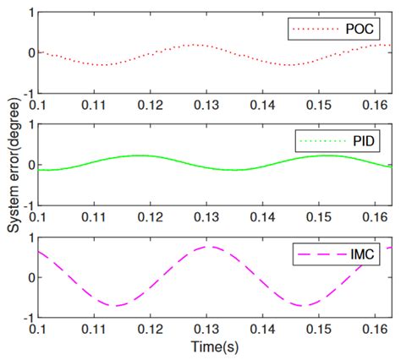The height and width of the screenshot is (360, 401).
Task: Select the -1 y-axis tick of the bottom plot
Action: pyautogui.click(x=28, y=318)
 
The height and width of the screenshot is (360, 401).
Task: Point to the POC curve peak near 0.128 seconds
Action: pyautogui.click(x=195, y=45)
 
